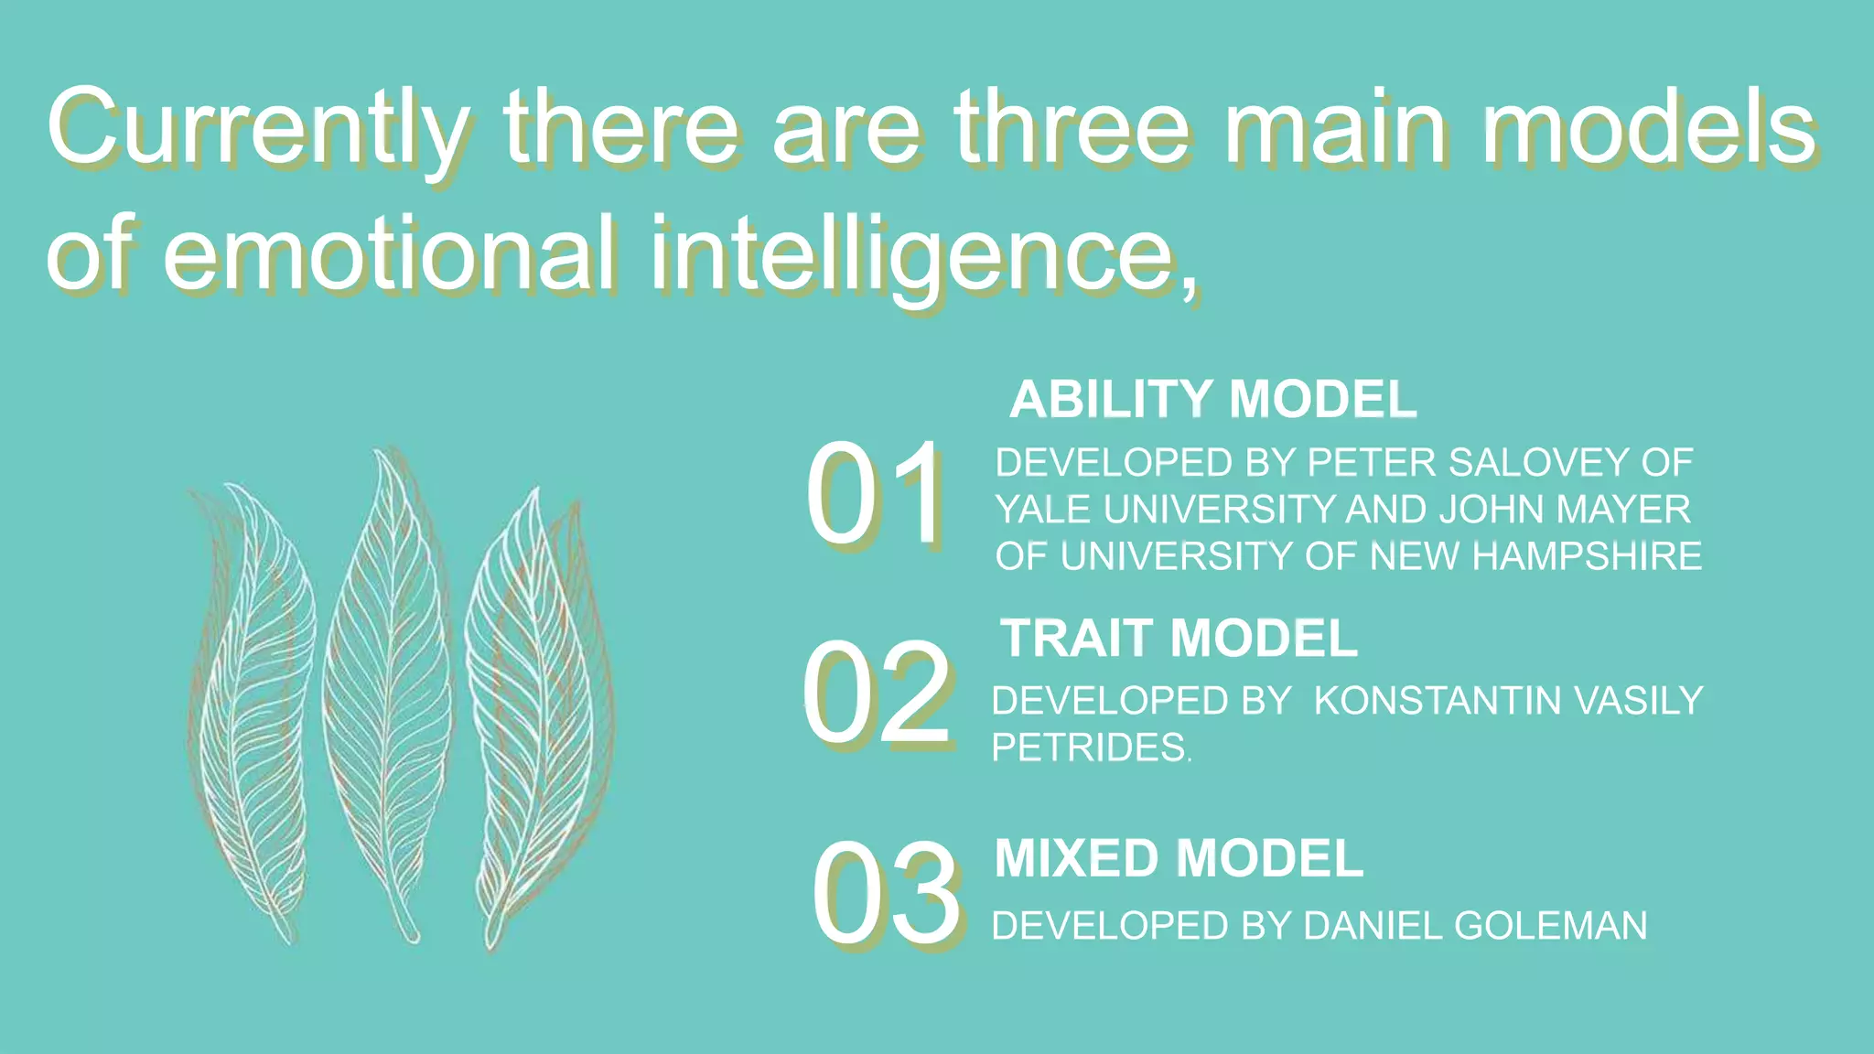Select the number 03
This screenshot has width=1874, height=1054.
pyautogui.click(x=885, y=894)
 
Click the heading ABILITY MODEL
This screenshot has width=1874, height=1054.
pyautogui.click(x=1212, y=400)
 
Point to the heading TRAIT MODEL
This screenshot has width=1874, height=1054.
pyautogui.click(x=1179, y=638)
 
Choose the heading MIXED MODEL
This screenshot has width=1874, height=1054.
pyautogui.click(x=1179, y=859)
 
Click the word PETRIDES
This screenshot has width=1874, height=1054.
pyautogui.click(x=1089, y=748)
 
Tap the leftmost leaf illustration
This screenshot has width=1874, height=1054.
pyautogui.click(x=252, y=714)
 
